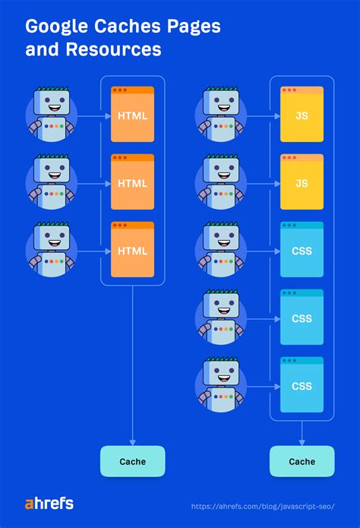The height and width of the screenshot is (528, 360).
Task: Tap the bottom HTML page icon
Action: coord(132,249)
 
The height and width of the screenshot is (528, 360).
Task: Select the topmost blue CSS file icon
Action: coord(302,249)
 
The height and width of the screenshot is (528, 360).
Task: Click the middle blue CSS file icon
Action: coord(302,317)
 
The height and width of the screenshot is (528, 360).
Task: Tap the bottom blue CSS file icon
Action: coord(302,384)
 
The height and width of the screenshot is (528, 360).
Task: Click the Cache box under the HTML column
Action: coord(132,461)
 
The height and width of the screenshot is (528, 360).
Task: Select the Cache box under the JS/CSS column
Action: coord(302,461)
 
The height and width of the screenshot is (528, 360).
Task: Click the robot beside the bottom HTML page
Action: coord(51,249)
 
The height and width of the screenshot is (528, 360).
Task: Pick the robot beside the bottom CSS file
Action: coord(220,384)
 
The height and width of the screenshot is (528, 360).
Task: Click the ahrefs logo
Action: coord(49,504)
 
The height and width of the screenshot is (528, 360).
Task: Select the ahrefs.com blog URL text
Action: coord(263,505)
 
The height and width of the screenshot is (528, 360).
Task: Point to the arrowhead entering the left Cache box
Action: coord(132,441)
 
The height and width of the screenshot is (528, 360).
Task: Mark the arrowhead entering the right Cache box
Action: coord(302,441)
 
